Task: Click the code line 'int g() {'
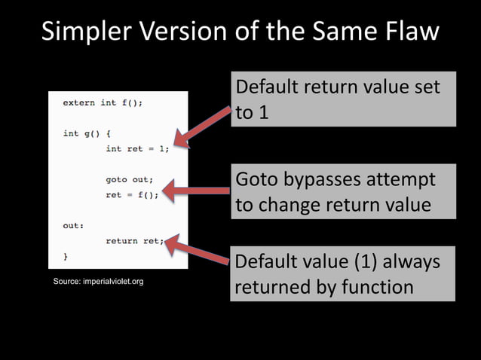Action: coord(87,133)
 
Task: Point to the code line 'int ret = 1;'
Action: coord(137,148)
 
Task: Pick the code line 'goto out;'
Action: coord(129,179)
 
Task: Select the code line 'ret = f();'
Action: coord(132,194)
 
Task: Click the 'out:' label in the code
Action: coord(73,225)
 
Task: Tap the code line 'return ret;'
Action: coord(134,240)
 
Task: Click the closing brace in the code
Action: coord(66,256)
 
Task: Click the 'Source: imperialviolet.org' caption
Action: coord(98,282)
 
